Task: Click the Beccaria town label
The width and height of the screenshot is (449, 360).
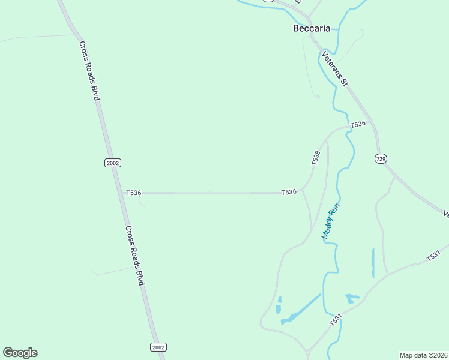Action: pyautogui.click(x=312, y=28)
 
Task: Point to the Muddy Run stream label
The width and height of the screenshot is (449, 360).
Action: pyautogui.click(x=331, y=221)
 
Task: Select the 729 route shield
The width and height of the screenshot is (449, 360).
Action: pyautogui.click(x=380, y=158)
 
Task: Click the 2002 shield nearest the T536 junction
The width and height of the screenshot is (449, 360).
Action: pyautogui.click(x=113, y=163)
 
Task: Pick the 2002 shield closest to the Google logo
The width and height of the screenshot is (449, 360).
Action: pyautogui.click(x=158, y=347)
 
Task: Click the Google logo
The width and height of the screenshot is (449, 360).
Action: pyautogui.click(x=20, y=353)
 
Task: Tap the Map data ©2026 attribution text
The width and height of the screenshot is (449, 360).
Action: pyautogui.click(x=423, y=355)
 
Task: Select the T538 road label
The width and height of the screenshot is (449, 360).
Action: pyautogui.click(x=316, y=158)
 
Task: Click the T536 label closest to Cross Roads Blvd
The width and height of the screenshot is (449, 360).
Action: pyautogui.click(x=133, y=193)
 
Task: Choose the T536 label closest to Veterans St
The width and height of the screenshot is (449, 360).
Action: pyautogui.click(x=358, y=124)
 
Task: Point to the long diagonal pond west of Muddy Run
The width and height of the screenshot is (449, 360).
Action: pyautogui.click(x=300, y=310)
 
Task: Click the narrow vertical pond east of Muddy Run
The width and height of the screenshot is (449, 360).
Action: pyautogui.click(x=373, y=262)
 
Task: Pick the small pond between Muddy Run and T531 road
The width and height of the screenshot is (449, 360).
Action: pyautogui.click(x=351, y=298)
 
